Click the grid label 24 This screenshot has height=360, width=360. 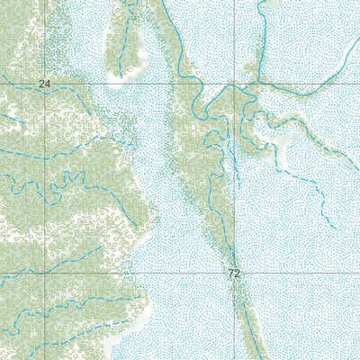(x=44, y=84)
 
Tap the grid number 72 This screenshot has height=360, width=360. (x=235, y=273)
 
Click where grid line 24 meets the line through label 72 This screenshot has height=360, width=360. (x=235, y=84)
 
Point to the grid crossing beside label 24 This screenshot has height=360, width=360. (x=45, y=84)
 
